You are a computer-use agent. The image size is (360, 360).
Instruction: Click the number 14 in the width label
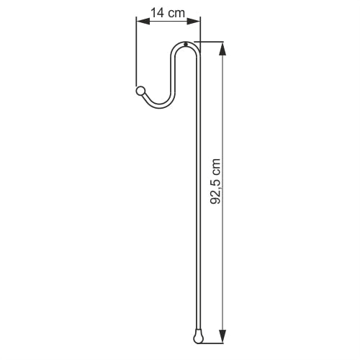pyautogui.click(x=158, y=13)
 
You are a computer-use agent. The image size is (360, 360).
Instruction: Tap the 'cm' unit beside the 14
pyautogui.click(x=176, y=13)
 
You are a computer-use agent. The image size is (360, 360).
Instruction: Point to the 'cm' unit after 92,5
pyautogui.click(x=215, y=164)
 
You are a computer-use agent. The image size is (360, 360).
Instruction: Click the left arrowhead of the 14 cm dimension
pyautogui.click(x=143, y=22)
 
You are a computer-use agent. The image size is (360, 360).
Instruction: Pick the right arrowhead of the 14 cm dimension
pyautogui.click(x=194, y=22)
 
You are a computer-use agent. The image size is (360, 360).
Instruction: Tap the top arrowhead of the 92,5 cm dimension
pyautogui.click(x=223, y=49)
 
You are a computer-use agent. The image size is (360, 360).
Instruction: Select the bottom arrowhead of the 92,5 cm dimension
pyautogui.click(x=223, y=336)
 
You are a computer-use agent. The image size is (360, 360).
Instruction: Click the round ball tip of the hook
pyautogui.click(x=140, y=91)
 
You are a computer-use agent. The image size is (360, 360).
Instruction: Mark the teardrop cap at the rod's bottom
pyautogui.click(x=198, y=337)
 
